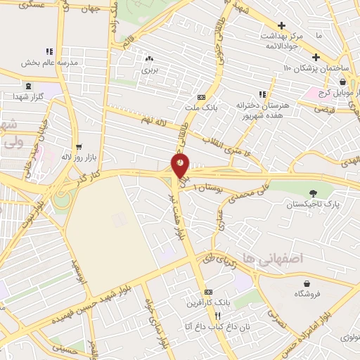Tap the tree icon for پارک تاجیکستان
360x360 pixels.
coord(312,193)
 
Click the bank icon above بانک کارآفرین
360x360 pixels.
coord(207,292)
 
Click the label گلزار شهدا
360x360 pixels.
coord(29,95)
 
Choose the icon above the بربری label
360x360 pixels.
coord(148,59)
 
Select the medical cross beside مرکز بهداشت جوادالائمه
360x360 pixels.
coord(282,25)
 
